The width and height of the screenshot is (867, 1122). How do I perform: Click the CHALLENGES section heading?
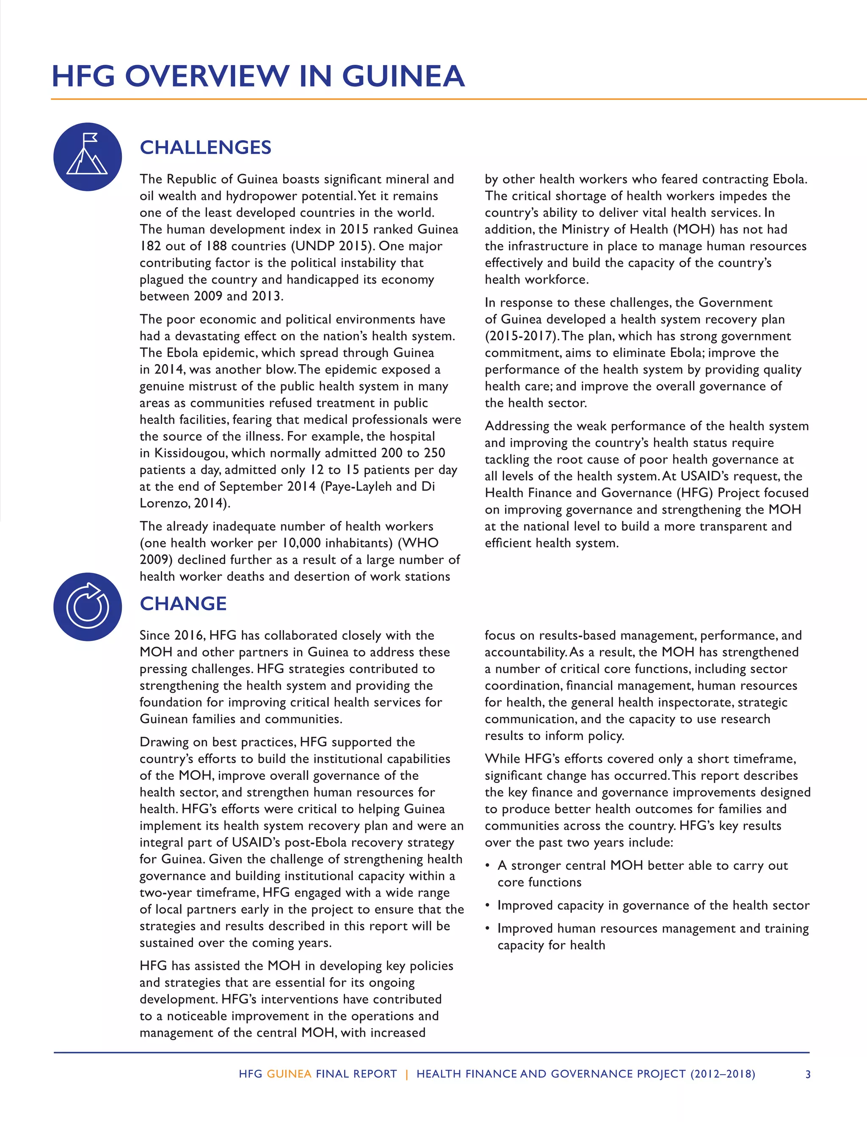pos(205,147)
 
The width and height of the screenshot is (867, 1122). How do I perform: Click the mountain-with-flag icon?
pos(87,157)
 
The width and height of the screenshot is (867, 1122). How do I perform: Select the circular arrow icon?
pos(87,607)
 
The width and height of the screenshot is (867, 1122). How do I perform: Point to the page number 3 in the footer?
pos(808,1074)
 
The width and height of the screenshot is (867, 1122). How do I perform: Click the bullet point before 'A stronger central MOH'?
pos(487,866)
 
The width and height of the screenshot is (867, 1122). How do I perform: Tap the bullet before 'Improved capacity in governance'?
pos(487,906)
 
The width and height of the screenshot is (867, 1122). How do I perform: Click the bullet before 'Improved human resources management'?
pos(487,929)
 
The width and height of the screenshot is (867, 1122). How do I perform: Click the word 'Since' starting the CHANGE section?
pos(155,636)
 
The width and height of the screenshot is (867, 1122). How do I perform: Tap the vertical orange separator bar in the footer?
pos(407,1074)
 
